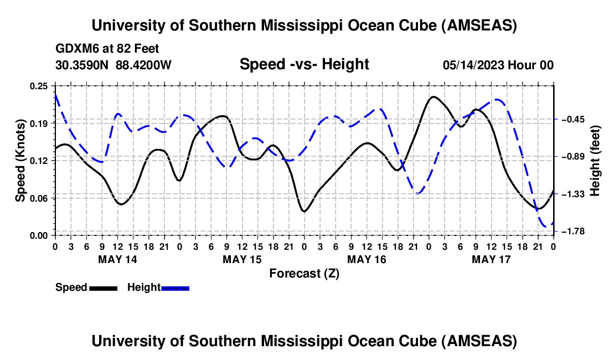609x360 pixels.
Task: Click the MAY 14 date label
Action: pyautogui.click(x=117, y=259)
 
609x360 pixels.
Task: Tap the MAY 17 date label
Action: pyautogui.click(x=491, y=259)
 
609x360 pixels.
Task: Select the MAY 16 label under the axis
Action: pyautogui.click(x=366, y=259)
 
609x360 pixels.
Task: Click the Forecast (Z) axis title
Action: pyautogui.click(x=304, y=273)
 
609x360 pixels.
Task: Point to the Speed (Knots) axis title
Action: pyautogui.click(x=20, y=160)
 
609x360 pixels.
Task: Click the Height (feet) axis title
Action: pyautogui.click(x=595, y=160)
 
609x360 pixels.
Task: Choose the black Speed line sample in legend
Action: pyautogui.click(x=103, y=288)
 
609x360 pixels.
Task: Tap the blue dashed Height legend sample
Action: pyautogui.click(x=176, y=288)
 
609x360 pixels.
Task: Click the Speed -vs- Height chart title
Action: pyautogui.click(x=304, y=65)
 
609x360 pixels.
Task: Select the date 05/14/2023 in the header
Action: pyautogui.click(x=474, y=65)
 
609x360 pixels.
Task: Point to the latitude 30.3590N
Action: pyautogui.click(x=82, y=65)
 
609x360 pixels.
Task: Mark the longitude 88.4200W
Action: pyautogui.click(x=143, y=65)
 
